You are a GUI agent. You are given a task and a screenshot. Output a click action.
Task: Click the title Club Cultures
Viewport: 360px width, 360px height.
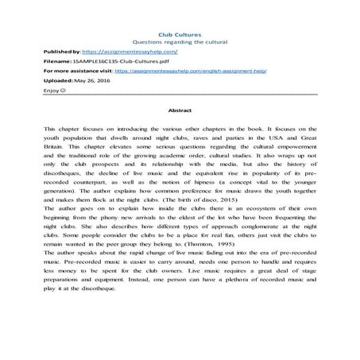pyautogui.click(x=179, y=34)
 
